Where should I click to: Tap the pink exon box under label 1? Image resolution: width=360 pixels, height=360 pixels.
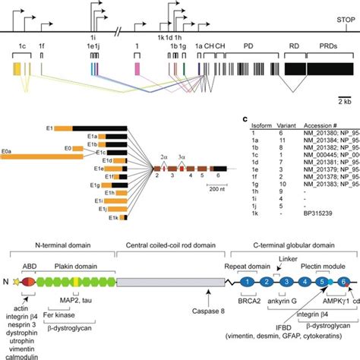(137, 70)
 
